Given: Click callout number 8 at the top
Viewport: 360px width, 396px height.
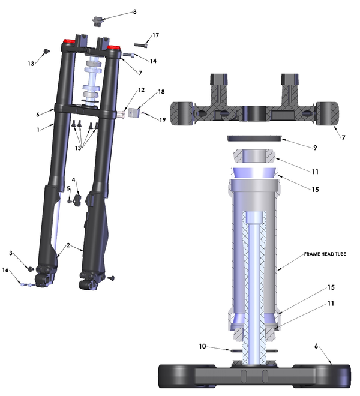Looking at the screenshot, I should (134, 12).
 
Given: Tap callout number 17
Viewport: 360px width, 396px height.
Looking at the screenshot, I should (155, 36).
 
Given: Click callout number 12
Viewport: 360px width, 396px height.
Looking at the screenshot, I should (141, 90).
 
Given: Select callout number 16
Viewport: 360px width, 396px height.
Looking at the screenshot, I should (6, 271).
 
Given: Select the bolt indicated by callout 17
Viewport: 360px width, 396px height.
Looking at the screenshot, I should (139, 44).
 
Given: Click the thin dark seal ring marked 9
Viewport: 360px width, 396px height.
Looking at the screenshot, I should (254, 139).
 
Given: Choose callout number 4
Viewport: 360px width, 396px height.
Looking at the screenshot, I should (74, 179).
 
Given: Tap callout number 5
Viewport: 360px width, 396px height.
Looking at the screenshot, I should (68, 188).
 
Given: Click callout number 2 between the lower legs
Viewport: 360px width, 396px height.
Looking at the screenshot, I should (68, 245).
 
